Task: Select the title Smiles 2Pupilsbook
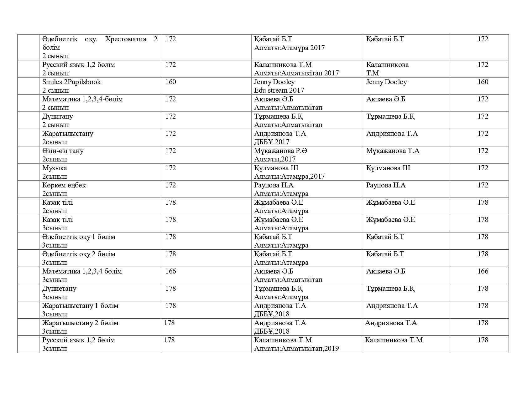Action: point(71,82)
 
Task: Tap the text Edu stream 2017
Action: point(279,90)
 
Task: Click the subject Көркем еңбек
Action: point(64,185)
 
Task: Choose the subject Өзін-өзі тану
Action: point(63,151)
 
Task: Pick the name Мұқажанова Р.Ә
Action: point(280,151)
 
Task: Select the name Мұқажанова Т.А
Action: point(393,151)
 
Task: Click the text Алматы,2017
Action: point(274,159)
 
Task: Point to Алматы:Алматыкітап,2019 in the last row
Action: point(296,349)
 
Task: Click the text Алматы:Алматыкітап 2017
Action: point(296,73)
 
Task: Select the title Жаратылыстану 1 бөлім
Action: point(80,306)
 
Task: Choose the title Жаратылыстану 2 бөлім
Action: point(80,323)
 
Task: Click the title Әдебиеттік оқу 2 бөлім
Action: point(79,254)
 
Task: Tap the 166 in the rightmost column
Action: point(483,271)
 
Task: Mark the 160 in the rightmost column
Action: point(483,82)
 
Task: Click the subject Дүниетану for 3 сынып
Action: point(59,289)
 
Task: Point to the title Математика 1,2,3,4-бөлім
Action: point(82,99)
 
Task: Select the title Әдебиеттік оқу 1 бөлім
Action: point(79,237)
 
